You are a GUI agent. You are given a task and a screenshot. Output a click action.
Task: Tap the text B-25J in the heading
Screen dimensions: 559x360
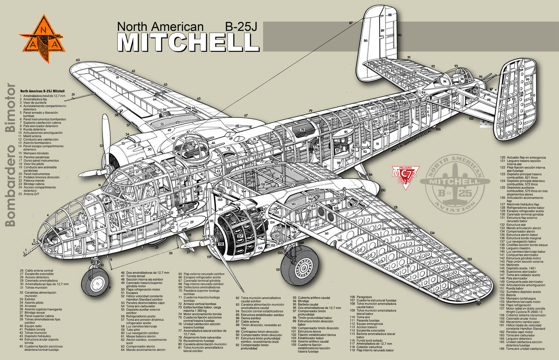click(x=242, y=27)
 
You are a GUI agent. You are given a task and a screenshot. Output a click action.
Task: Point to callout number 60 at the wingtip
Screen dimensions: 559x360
click(x=77, y=60)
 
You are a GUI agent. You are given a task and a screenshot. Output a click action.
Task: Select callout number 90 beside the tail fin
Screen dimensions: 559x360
click(x=399, y=35)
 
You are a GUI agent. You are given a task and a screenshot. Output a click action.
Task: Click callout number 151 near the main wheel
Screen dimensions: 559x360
click(x=278, y=270)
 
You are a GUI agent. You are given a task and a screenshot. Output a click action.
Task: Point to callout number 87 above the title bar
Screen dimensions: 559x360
click(x=350, y=22)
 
